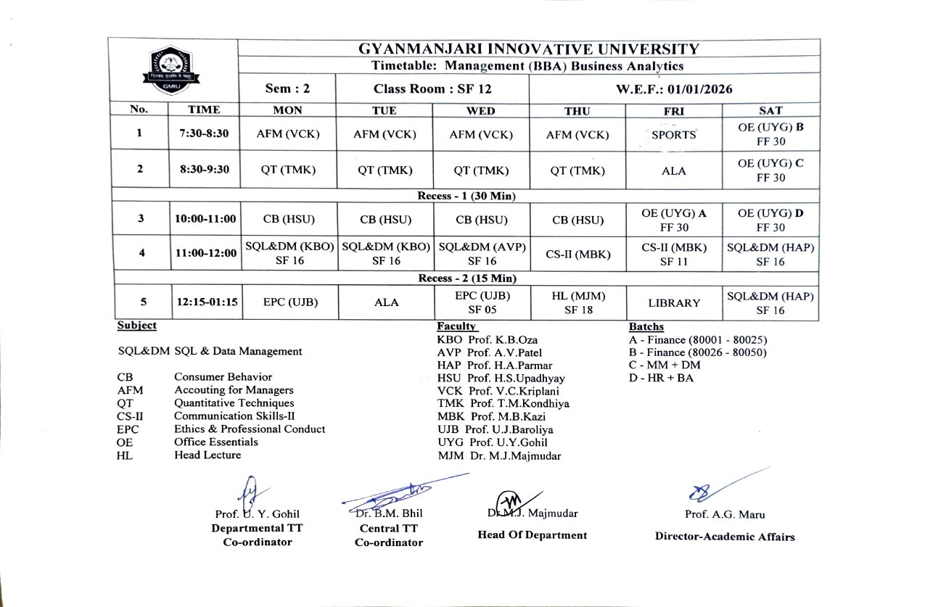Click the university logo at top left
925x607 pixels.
172,70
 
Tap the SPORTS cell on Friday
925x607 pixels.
673,134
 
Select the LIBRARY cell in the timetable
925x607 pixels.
673,303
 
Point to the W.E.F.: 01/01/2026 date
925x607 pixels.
674,89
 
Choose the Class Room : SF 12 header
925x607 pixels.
432,89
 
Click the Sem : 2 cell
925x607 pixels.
287,89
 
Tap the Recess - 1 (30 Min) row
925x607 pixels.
464,196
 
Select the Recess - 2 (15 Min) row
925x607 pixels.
464,278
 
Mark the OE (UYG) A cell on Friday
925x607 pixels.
673,219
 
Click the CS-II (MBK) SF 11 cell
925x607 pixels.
673,253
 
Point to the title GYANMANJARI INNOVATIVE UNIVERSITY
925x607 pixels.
529,49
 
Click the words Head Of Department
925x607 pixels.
532,535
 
